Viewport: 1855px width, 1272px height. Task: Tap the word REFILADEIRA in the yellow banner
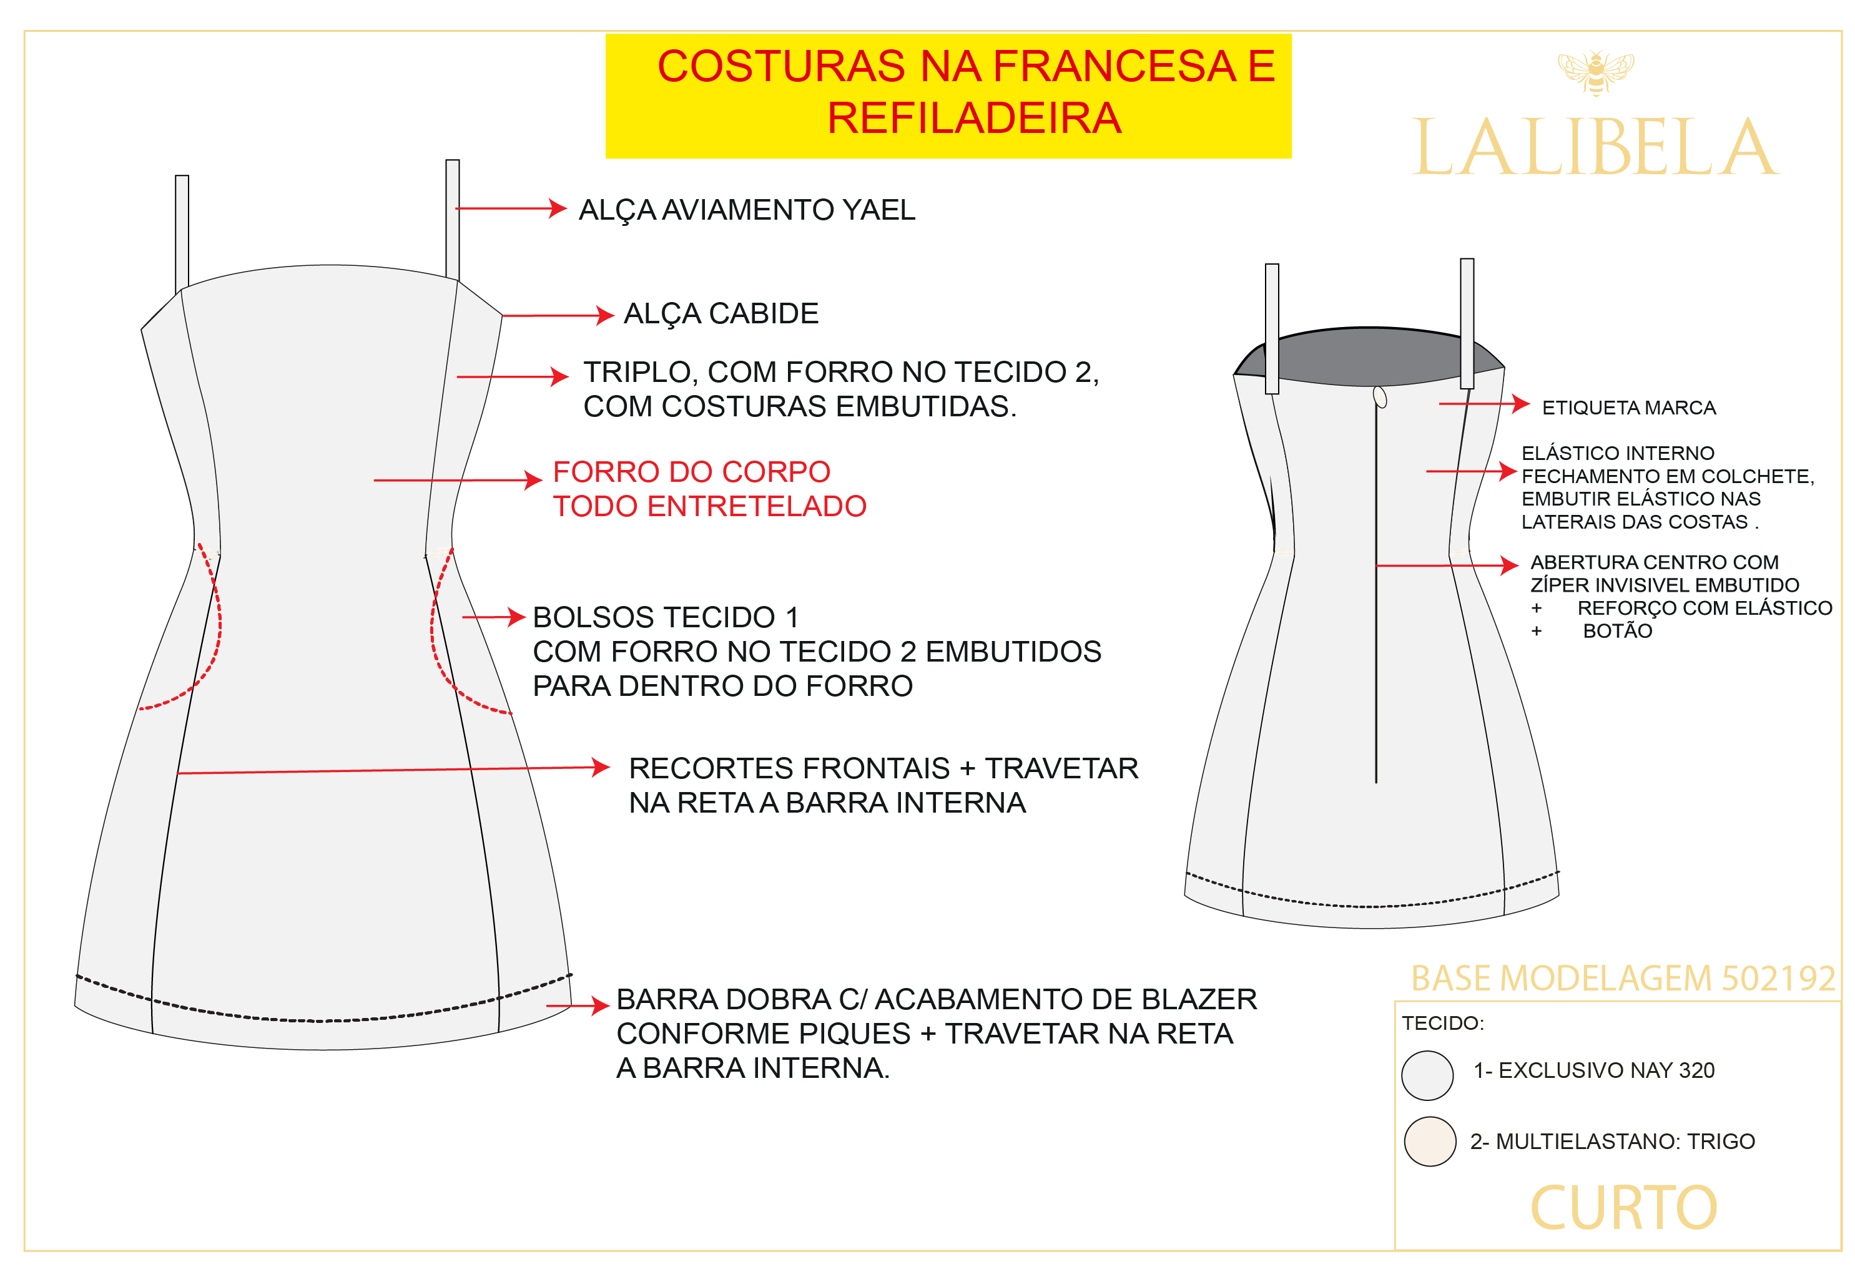(974, 118)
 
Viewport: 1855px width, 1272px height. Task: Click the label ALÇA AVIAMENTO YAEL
(746, 210)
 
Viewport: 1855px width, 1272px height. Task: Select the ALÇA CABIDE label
(721, 313)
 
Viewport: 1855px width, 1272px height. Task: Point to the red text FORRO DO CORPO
(691, 472)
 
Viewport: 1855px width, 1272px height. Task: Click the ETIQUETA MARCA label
(1628, 408)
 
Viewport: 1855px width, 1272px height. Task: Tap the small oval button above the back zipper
(1380, 396)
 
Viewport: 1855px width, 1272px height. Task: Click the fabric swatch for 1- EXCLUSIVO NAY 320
(1427, 1075)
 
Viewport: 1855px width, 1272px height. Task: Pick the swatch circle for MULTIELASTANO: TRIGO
(1430, 1141)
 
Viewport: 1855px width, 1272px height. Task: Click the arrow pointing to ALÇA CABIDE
(557, 315)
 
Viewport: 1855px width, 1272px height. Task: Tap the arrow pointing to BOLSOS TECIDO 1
(493, 617)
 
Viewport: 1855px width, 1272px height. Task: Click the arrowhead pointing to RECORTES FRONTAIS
(602, 768)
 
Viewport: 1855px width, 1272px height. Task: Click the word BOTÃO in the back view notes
(1617, 631)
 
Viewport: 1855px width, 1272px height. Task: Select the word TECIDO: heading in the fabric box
(1443, 1023)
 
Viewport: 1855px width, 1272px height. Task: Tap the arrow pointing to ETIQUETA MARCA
(1484, 404)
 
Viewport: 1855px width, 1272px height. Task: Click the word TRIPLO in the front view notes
(637, 373)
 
